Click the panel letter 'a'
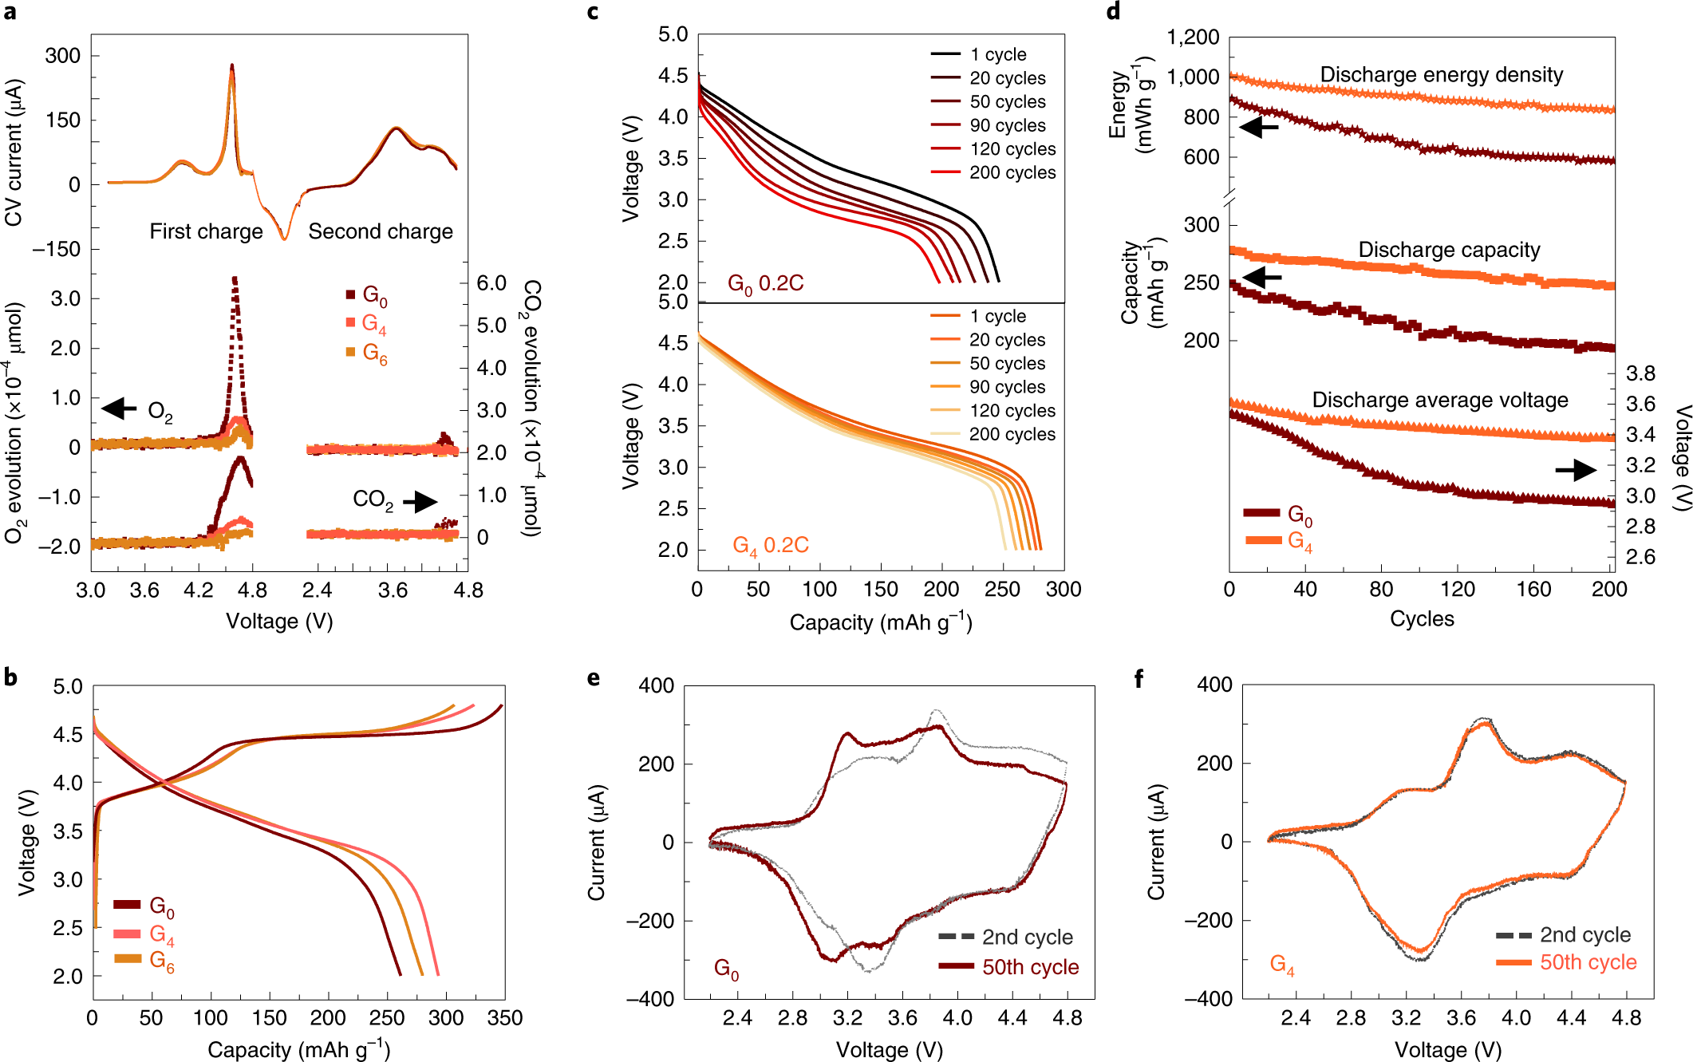pos(10,13)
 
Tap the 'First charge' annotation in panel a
pos(206,231)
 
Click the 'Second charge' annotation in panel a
pos(381,231)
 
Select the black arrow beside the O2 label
pos(119,409)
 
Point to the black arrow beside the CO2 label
pos(420,501)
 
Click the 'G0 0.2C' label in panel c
pos(765,283)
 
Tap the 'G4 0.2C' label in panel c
pos(770,545)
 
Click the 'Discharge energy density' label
pos(1441,75)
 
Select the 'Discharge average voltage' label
pos(1439,400)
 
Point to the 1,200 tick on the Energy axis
pos(1193,38)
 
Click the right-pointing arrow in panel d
pos(1576,470)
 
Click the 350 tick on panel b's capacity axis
pos(505,1017)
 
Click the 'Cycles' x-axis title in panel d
pos(1422,618)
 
